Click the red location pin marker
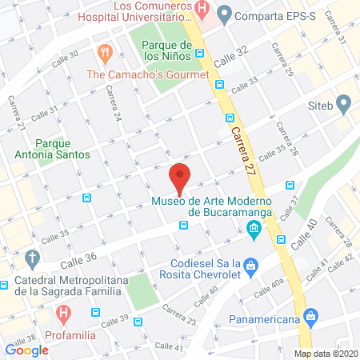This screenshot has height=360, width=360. point(180,178)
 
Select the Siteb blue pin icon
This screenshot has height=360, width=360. point(344,103)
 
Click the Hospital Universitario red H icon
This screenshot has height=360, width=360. point(203,11)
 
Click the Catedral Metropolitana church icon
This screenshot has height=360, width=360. point(32,258)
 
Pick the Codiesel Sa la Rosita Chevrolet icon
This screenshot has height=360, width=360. point(250,264)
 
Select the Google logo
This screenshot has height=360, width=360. point(27,350)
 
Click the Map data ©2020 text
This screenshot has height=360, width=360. point(326,353)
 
